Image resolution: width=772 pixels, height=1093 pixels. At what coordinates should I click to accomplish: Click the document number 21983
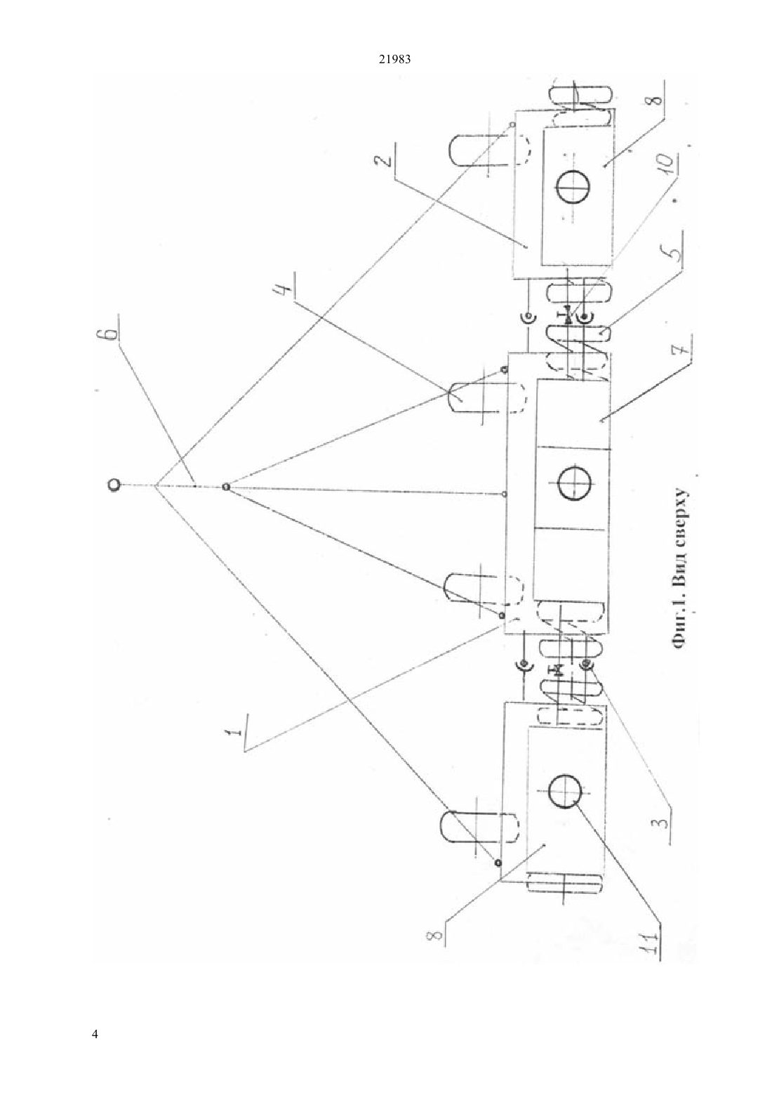click(394, 60)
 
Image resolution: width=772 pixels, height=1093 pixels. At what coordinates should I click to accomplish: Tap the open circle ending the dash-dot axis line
click(113, 485)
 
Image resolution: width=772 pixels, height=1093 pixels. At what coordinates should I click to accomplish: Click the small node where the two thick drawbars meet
click(225, 487)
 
